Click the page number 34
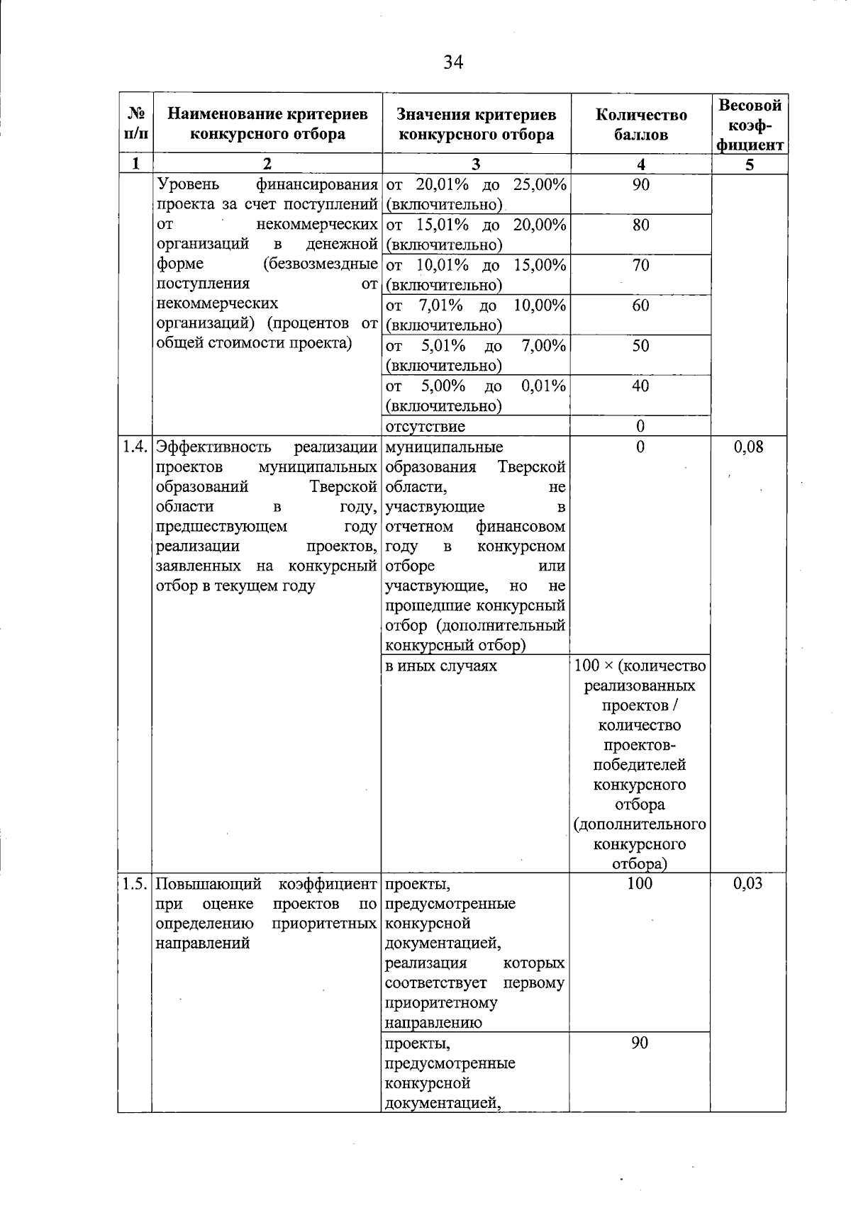point(453,62)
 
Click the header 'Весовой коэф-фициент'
point(750,125)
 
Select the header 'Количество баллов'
point(640,125)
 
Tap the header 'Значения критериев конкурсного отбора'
point(476,125)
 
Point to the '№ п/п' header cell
point(136,123)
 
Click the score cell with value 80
point(640,225)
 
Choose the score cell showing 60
point(640,306)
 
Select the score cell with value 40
point(640,386)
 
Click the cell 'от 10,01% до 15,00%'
point(475,274)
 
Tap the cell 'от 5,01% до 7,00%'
point(475,355)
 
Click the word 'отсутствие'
point(425,427)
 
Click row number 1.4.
point(135,447)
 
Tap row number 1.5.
point(135,883)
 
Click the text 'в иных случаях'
point(440,666)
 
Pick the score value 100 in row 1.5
point(640,883)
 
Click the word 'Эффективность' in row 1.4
point(213,447)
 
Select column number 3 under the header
point(476,164)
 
